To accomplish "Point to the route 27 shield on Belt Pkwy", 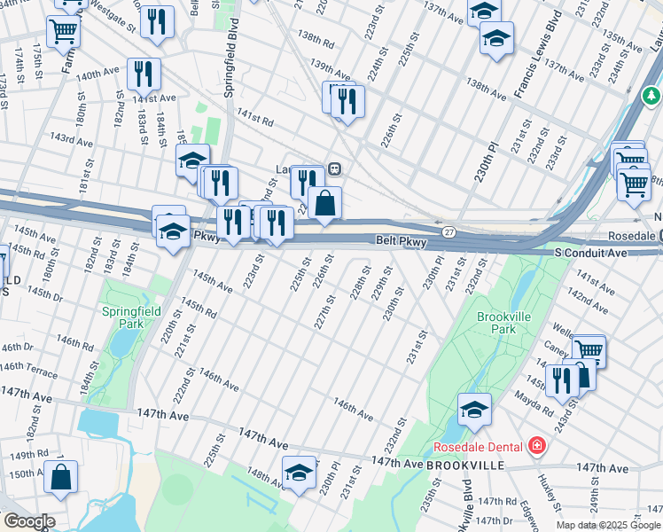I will tap(449, 232).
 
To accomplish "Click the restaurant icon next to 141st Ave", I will tap(144, 74).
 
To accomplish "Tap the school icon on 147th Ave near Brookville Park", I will tap(474, 409).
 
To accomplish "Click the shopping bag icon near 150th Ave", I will tap(60, 477).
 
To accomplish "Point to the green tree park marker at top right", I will tap(651, 94).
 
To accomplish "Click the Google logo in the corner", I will tap(28, 521).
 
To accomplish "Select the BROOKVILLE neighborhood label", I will tap(465, 465).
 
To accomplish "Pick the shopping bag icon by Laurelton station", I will tap(325, 203).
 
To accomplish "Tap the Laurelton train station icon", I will tap(335, 168).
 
